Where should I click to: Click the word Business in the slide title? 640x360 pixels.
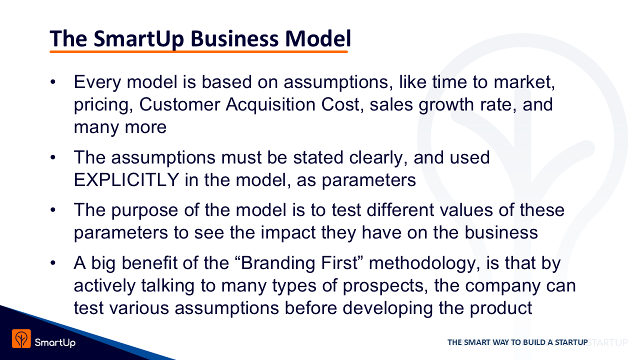click(x=234, y=38)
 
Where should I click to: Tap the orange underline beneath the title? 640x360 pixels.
click(x=198, y=51)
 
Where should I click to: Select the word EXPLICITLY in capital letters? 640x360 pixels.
click(x=126, y=180)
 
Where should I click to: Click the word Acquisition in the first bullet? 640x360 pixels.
click(x=270, y=104)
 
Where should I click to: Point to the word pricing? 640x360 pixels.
click(x=103, y=105)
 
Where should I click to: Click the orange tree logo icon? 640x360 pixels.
click(x=21, y=338)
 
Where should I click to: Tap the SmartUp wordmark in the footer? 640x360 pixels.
click(x=55, y=342)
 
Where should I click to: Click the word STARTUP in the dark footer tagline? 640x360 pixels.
click(x=571, y=342)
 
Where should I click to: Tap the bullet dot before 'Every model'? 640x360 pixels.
click(x=53, y=82)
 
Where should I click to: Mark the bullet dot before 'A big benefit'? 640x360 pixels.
click(x=53, y=263)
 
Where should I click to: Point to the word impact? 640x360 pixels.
click(x=288, y=233)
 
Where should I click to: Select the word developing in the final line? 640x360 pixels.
click(x=387, y=308)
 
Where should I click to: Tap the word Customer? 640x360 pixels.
click(x=179, y=104)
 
